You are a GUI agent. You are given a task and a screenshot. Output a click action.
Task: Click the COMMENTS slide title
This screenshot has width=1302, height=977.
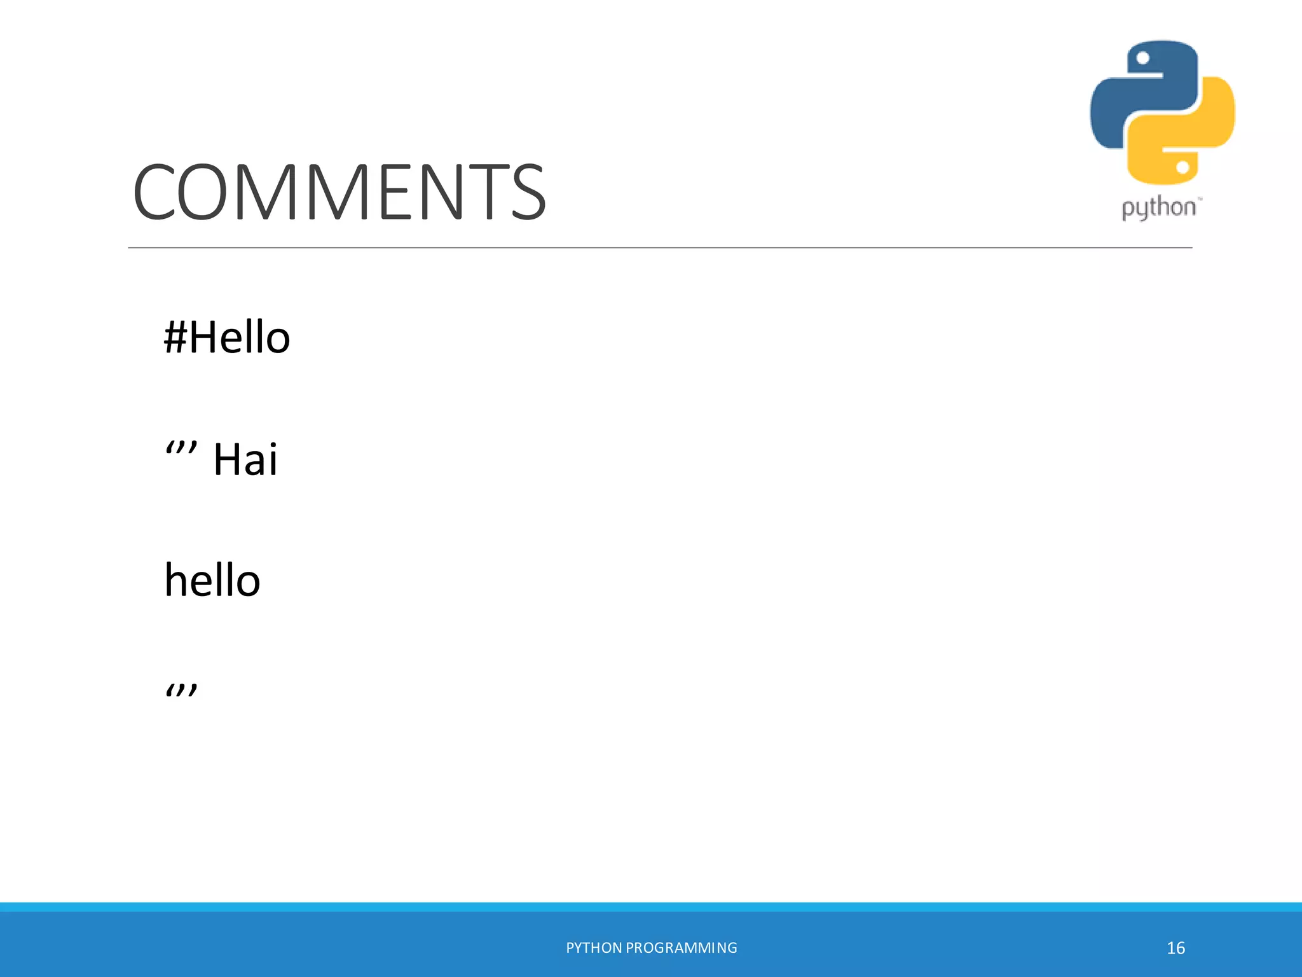coord(339,191)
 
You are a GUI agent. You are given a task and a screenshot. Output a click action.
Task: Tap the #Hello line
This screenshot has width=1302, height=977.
coord(227,336)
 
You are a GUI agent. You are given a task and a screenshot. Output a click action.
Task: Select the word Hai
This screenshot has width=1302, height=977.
coord(245,459)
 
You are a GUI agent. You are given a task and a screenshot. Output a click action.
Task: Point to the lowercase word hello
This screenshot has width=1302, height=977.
coord(212,580)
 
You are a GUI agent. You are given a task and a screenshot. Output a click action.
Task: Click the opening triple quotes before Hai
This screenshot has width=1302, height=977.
coord(181,450)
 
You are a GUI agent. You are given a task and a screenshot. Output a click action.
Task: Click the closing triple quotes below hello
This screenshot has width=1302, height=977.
coord(181,691)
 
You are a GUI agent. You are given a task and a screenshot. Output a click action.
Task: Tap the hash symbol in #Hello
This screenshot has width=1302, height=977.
coord(175,336)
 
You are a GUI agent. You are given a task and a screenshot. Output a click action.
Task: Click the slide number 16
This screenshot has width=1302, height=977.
coord(1175,948)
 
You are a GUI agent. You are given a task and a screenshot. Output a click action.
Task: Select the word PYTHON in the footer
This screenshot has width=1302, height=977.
coord(594,948)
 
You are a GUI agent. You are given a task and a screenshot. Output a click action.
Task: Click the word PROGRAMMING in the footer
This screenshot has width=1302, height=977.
coord(682,948)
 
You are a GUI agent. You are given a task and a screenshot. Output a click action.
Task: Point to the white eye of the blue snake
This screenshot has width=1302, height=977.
coord(1142,59)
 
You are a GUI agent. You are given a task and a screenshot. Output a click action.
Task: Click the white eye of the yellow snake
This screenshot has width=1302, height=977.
coord(1182,167)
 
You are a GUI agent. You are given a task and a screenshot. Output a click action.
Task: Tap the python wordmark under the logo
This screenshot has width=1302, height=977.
coord(1158,208)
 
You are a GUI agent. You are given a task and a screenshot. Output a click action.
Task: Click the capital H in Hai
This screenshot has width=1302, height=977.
coord(228,459)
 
